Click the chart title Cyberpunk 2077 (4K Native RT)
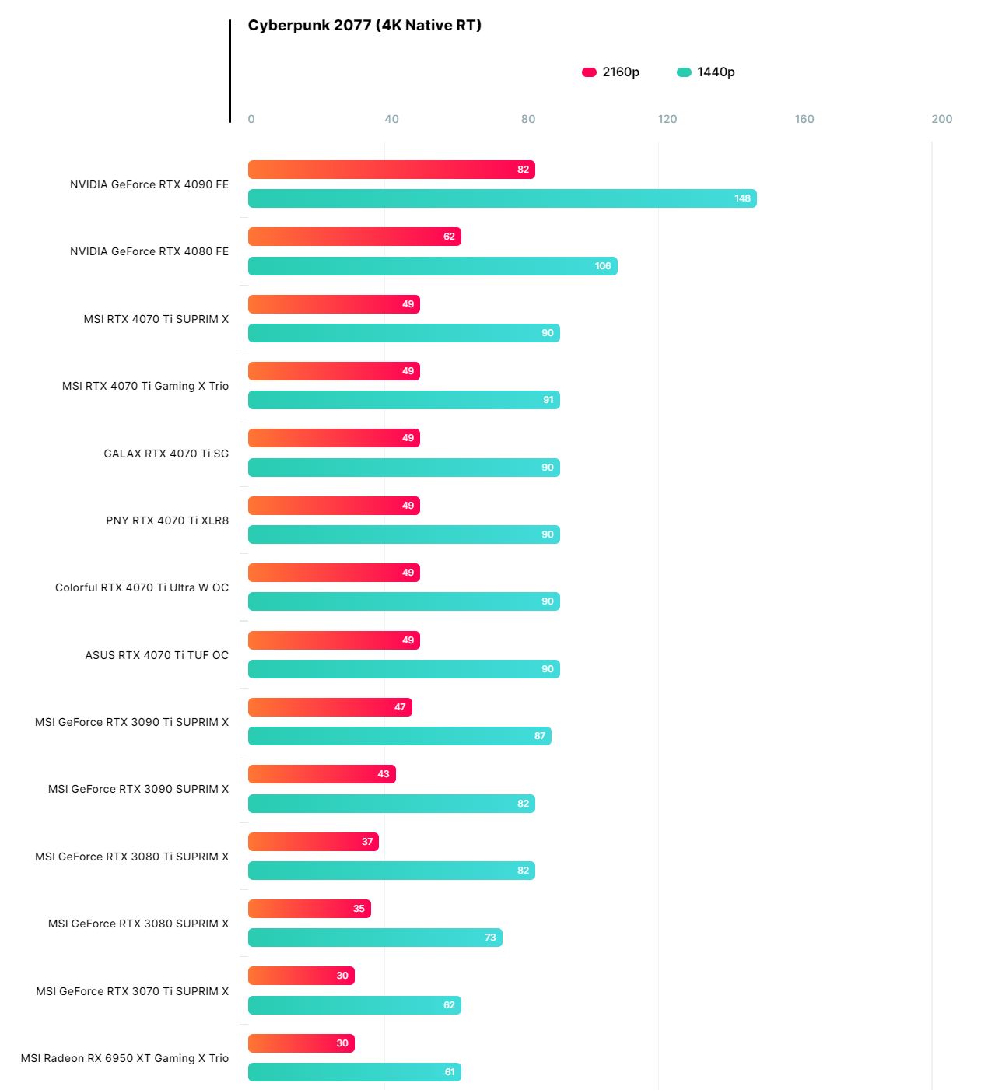[x=364, y=26]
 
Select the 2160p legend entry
[x=611, y=72]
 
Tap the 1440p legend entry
[x=706, y=72]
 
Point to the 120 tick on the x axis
[x=667, y=119]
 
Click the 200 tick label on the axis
[x=941, y=119]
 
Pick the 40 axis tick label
[x=391, y=119]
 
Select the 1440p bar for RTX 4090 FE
[x=502, y=198]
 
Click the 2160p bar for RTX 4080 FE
[x=354, y=237]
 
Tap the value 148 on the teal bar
[x=742, y=198]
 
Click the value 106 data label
[x=603, y=266]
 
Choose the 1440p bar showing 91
[x=404, y=400]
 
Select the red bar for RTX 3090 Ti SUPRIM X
[x=330, y=707]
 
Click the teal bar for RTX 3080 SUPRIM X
[x=375, y=938]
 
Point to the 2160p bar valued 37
[x=313, y=842]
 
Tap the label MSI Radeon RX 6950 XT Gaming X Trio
[x=124, y=1058]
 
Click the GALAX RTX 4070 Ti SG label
[x=166, y=454]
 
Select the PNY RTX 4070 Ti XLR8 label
[x=167, y=520]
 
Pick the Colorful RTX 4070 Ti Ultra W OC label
[x=142, y=587]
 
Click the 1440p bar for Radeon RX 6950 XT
[x=354, y=1072]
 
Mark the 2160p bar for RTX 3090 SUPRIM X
[x=321, y=774]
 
